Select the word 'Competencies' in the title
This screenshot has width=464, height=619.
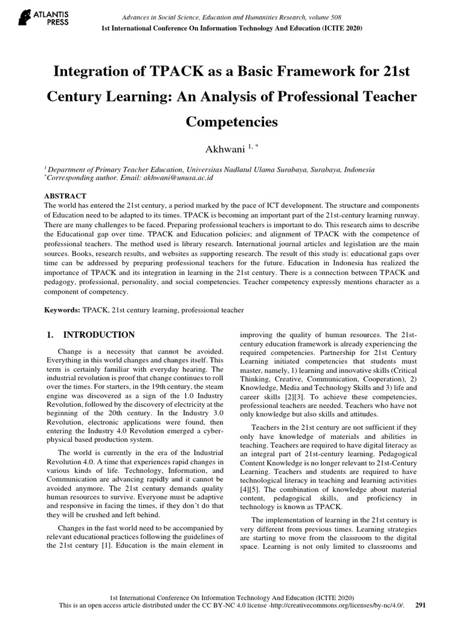pos(232,122)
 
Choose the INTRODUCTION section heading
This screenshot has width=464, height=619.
pos(99,334)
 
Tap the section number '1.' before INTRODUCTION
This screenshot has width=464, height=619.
pos(51,334)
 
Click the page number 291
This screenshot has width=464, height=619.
pos(422,604)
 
